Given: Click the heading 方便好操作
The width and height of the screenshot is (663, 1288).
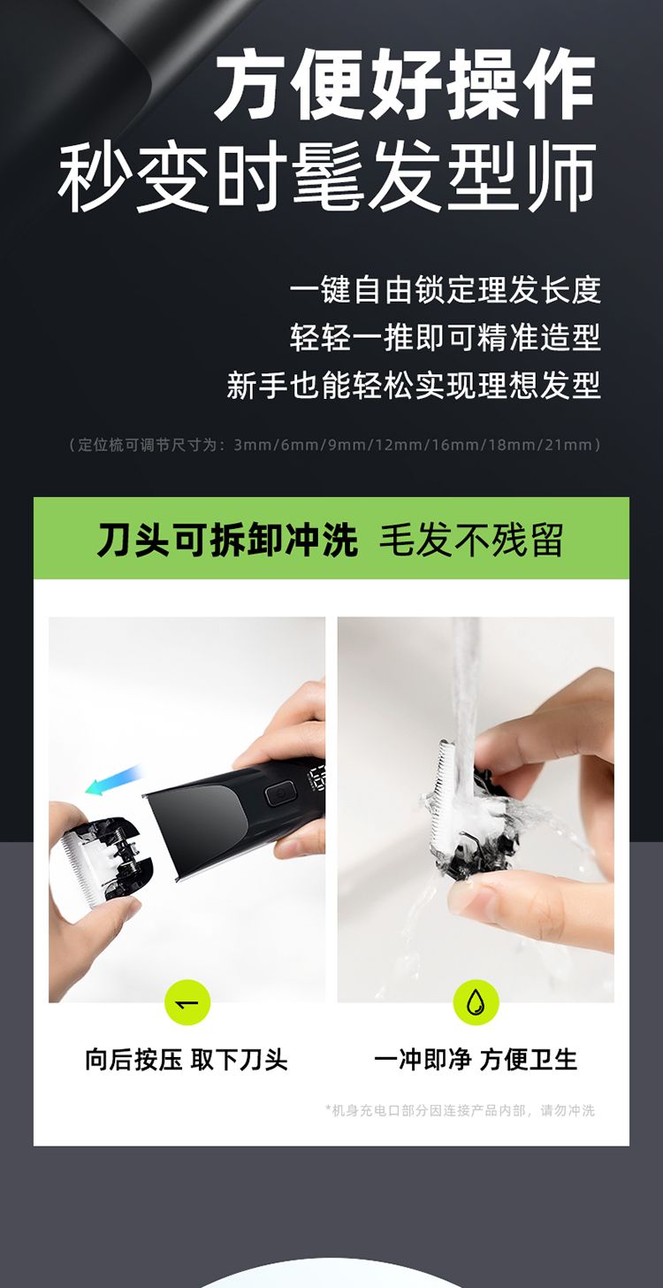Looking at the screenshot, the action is tap(405, 85).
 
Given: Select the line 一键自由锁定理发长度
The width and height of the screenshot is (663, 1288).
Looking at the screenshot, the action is tap(445, 290).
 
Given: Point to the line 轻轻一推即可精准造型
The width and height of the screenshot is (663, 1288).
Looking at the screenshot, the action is tap(445, 338).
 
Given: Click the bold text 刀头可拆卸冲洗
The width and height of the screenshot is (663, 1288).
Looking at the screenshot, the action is tap(227, 540).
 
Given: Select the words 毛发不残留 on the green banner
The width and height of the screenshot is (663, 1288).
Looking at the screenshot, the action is tap(471, 540).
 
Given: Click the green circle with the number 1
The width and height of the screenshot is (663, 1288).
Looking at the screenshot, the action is tap(187, 1003).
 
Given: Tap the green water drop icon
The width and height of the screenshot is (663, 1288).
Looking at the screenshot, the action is tap(476, 1003).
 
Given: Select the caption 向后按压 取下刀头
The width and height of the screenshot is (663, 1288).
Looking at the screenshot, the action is tap(187, 1059).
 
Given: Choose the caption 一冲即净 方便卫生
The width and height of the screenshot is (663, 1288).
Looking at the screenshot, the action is tap(475, 1059).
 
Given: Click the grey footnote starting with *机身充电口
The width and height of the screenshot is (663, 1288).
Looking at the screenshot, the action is tap(461, 1110).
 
